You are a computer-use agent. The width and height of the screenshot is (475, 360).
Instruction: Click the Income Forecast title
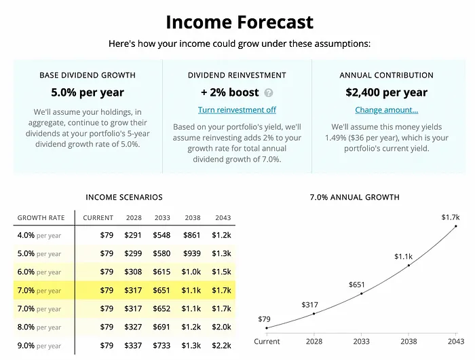pyautogui.click(x=240, y=22)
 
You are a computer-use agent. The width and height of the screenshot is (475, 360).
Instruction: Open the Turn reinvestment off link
pyautogui.click(x=237, y=110)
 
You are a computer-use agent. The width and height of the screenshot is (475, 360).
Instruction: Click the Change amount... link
pyautogui.click(x=386, y=110)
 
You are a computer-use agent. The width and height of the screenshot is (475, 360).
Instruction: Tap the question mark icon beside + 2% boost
pyautogui.click(x=269, y=93)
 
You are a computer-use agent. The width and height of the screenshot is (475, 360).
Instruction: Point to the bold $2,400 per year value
pyautogui.click(x=386, y=92)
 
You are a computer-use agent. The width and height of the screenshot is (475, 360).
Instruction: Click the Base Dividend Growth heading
pyautogui.click(x=87, y=75)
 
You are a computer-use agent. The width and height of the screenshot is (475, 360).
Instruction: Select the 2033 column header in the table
pyautogui.click(x=162, y=218)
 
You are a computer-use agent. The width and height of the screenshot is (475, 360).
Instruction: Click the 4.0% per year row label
pyautogui.click(x=39, y=236)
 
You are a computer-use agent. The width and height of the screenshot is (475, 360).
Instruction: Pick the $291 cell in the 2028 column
pyautogui.click(x=133, y=236)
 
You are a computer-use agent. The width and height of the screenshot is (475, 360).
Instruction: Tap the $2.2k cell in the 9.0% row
pyautogui.click(x=222, y=345)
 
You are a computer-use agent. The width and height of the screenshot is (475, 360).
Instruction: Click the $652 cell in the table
pyautogui.click(x=162, y=308)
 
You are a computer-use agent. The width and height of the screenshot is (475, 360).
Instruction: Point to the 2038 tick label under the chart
pyautogui.click(x=408, y=341)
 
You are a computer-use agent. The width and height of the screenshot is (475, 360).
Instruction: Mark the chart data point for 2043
pyautogui.click(x=456, y=226)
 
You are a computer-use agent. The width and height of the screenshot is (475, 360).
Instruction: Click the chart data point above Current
pyautogui.click(x=267, y=327)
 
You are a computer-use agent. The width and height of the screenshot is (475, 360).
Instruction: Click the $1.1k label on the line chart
pyautogui.click(x=404, y=257)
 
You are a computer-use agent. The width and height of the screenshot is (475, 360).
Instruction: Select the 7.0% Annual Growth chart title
pyautogui.click(x=354, y=198)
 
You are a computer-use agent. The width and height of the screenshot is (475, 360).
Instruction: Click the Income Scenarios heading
pyautogui.click(x=124, y=198)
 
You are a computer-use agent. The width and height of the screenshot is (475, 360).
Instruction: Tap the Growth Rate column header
pyautogui.click(x=41, y=218)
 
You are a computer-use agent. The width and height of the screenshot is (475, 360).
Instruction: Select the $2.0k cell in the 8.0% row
pyautogui.click(x=222, y=327)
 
